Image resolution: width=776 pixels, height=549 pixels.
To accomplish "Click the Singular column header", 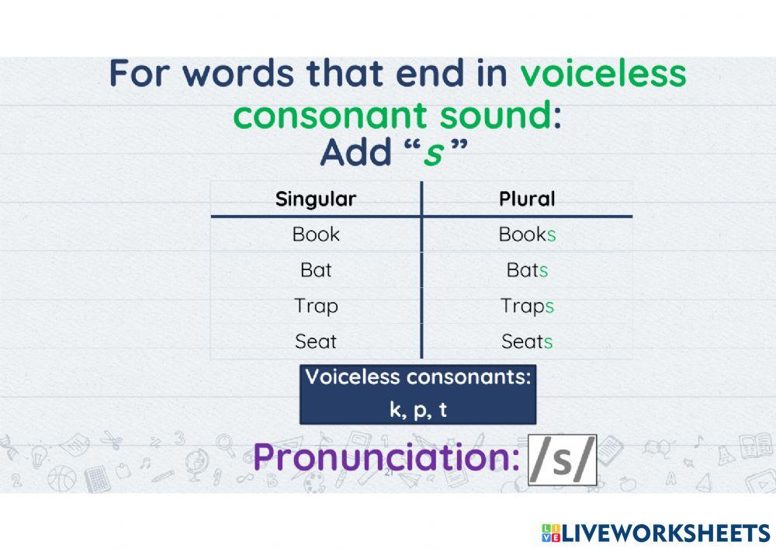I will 316,199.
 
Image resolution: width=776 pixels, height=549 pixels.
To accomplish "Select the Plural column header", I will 527,199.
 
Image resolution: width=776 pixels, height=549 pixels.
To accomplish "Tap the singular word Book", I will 316,234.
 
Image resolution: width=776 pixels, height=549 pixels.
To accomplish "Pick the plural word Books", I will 527,235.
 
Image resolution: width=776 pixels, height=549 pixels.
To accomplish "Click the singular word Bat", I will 316,270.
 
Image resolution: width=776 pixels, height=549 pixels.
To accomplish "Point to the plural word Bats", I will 527,270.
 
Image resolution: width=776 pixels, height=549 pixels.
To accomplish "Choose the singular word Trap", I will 316,306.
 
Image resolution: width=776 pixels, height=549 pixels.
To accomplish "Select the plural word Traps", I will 527,306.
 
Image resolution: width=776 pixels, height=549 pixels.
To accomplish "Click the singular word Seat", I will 316,341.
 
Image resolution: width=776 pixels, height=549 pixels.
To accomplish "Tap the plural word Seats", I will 527,341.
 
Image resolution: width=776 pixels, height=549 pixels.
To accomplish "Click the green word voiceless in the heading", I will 603,74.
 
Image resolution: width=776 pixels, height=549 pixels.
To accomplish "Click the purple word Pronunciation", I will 386,458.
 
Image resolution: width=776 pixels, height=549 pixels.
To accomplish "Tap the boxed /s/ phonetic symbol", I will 562,460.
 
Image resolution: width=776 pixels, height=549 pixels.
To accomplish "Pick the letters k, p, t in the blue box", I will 418,410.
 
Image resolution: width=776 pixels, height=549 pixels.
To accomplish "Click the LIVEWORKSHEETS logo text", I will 664,533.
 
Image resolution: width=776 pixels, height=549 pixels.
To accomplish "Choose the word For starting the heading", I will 145,74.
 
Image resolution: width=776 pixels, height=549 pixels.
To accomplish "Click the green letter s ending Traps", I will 549,306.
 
